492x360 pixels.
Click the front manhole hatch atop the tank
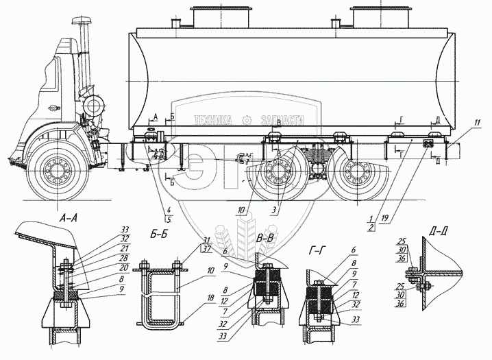pyautogui.click(x=214, y=19)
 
